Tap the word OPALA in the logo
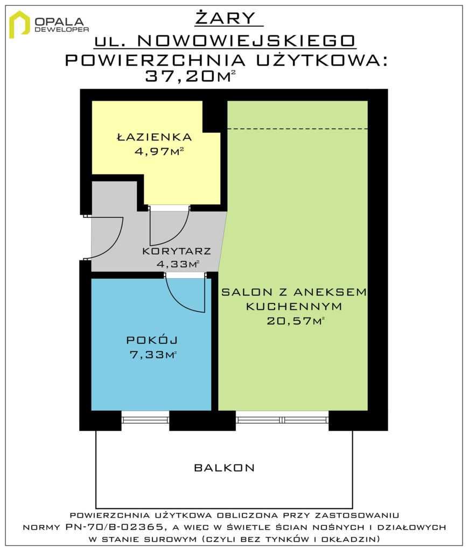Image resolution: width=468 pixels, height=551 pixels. point(59,22)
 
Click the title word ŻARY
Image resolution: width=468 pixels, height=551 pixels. point(226,18)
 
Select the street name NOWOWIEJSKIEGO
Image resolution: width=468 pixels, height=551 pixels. point(246,41)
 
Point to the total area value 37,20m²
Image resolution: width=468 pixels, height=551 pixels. point(190,75)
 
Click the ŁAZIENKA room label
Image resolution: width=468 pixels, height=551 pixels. point(155,137)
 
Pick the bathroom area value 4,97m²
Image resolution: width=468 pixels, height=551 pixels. point(159,151)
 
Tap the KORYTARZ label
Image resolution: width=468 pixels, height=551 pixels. point(177,251)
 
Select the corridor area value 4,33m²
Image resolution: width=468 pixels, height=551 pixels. point(178,264)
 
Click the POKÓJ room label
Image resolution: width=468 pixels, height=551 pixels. point(152,340)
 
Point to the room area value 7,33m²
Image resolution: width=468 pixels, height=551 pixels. point(153,355)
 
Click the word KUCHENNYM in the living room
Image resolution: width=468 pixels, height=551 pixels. point(294,306)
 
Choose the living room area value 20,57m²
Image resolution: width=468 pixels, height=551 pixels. point(295,321)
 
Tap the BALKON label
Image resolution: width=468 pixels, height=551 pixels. point(225,468)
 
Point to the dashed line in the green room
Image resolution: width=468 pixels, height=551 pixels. point(297,129)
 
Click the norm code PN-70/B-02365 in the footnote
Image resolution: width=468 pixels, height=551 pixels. point(114,527)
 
